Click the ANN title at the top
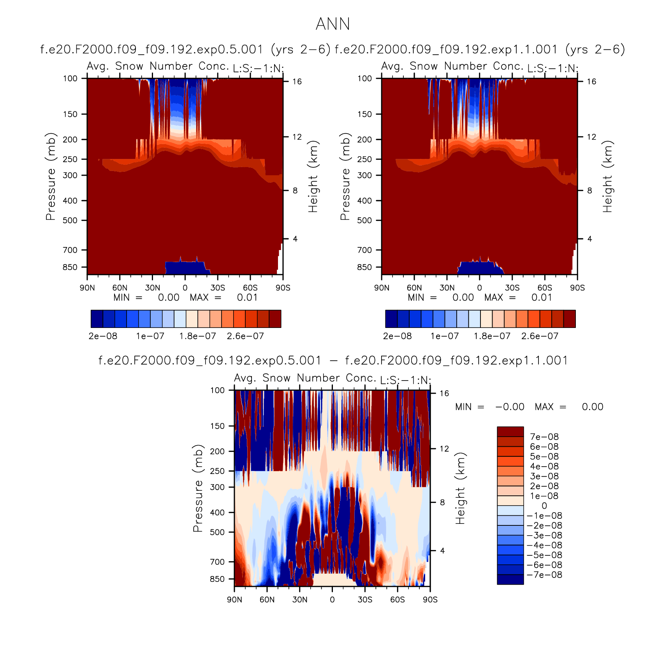coord(332,24)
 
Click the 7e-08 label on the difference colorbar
coord(544,437)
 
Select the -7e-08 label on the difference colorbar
coord(544,575)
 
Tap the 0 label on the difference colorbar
coord(544,506)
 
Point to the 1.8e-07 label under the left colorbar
coord(197,336)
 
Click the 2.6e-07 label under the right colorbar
coord(540,336)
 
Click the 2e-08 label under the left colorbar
coord(103,336)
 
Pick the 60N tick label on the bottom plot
coord(267,600)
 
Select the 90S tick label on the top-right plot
coord(577,288)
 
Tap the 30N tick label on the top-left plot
coord(152,288)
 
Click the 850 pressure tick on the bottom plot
coord(217,579)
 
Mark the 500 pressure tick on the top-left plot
coord(70,220)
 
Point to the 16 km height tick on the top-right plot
coord(591,81)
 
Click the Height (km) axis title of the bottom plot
coord(460,488)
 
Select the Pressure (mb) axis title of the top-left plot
coord(51,176)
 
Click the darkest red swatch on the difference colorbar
coord(510,432)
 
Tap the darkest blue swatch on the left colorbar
coord(97,319)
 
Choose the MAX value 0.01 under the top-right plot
coord(542,298)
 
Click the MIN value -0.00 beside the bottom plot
coord(510,407)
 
